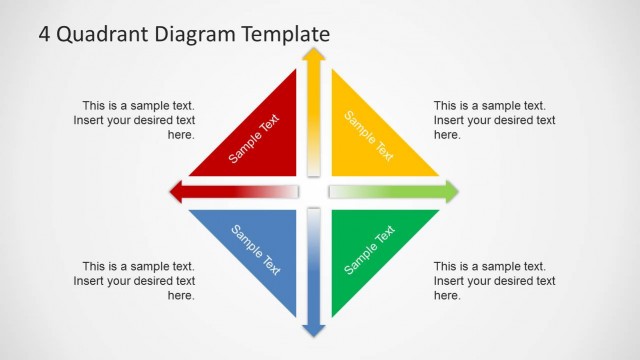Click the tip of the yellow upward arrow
(x=314, y=53)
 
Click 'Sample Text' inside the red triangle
(x=254, y=139)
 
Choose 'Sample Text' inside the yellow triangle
(x=369, y=135)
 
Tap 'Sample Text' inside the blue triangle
(x=256, y=249)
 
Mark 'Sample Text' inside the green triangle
(x=370, y=250)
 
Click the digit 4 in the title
(x=45, y=33)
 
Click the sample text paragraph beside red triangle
(x=134, y=120)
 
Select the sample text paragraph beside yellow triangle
(x=494, y=120)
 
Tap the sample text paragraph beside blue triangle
(x=134, y=281)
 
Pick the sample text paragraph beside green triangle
(x=494, y=281)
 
